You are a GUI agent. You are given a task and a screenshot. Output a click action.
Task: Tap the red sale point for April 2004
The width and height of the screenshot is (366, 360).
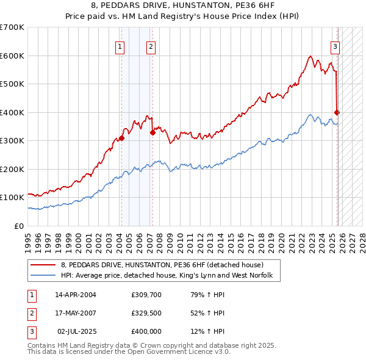pos(121,138)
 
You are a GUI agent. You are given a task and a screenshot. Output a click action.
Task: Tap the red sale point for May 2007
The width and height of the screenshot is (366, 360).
pos(152,132)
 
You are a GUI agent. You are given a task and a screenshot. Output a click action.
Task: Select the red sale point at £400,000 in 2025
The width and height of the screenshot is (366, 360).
pos(337,112)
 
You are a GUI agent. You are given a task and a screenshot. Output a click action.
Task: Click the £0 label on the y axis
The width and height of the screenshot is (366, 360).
pos(18,226)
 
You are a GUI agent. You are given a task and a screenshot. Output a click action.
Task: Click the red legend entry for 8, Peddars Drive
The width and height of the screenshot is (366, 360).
pos(162,265)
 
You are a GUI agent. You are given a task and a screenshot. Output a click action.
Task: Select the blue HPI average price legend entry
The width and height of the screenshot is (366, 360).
pos(170,276)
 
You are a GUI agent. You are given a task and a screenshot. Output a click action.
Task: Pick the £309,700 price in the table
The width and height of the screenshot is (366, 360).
pos(146,295)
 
